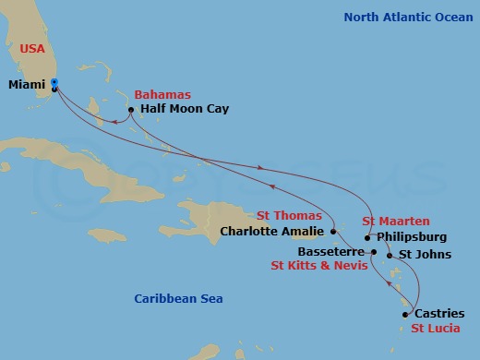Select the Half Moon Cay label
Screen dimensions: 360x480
pos(184,109)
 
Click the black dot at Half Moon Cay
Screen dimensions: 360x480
pos(131,110)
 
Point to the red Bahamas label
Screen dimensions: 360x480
pos(162,95)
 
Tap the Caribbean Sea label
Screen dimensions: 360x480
pos(178,298)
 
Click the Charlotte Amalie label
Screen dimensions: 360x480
pos(272,232)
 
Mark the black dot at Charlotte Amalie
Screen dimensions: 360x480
pos(332,232)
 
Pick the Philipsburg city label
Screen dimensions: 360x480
pos(413,236)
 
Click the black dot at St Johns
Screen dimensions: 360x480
pos(390,255)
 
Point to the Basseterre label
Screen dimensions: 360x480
pos(334,250)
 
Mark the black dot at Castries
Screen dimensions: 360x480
pos(404,315)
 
